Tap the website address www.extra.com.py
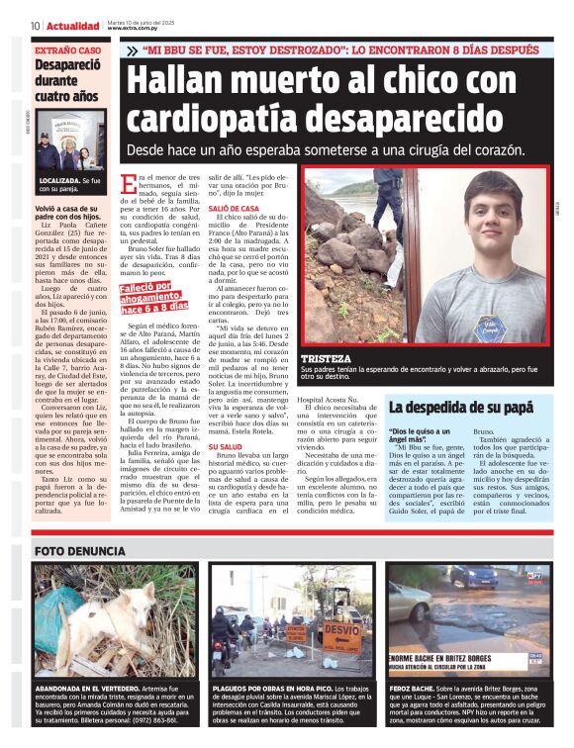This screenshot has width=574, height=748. pyautogui.click(x=149, y=32)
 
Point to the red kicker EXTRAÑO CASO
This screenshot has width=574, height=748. pyautogui.click(x=67, y=49)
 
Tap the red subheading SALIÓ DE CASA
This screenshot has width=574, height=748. pyautogui.click(x=234, y=209)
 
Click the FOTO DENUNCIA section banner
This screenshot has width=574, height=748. pyautogui.click(x=79, y=550)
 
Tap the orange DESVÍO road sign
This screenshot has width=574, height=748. pyautogui.click(x=340, y=629)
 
